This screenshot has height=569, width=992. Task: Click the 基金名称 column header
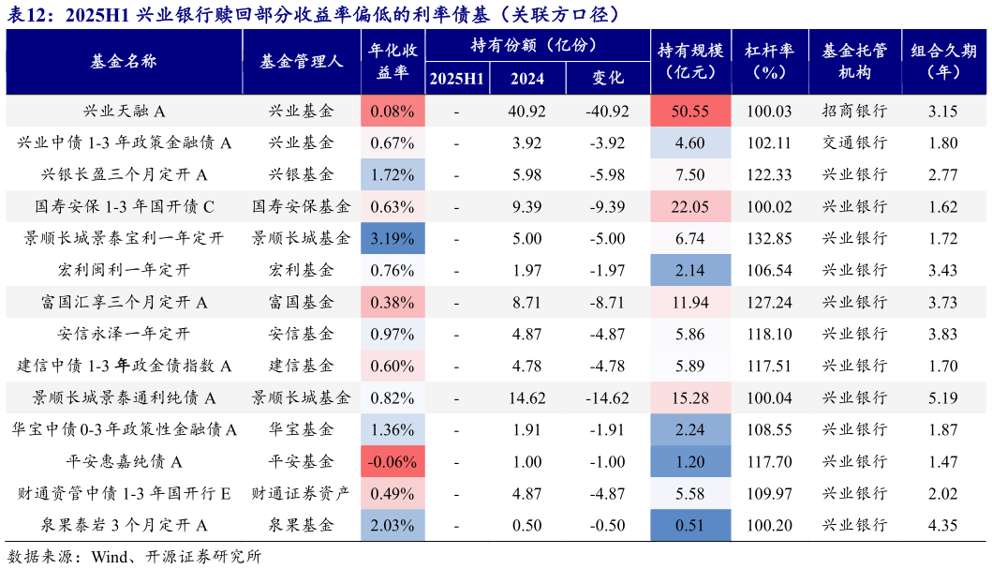point(124,62)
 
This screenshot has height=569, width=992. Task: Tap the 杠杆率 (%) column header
point(769,62)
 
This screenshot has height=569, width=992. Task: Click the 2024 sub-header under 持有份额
point(527,79)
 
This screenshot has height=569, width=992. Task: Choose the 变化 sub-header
point(608,79)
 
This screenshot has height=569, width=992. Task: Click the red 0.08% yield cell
point(392,112)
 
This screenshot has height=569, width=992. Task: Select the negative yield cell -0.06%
point(392,462)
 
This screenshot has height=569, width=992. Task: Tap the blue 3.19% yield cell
point(392,239)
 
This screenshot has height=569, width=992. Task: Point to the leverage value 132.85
point(769,239)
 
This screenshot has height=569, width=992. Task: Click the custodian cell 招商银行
point(854,112)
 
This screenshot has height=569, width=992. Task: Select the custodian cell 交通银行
point(854,143)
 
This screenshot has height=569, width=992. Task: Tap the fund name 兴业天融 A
point(124,112)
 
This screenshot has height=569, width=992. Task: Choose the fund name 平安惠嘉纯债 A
point(124,462)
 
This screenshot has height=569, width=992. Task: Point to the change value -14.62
point(608,398)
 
